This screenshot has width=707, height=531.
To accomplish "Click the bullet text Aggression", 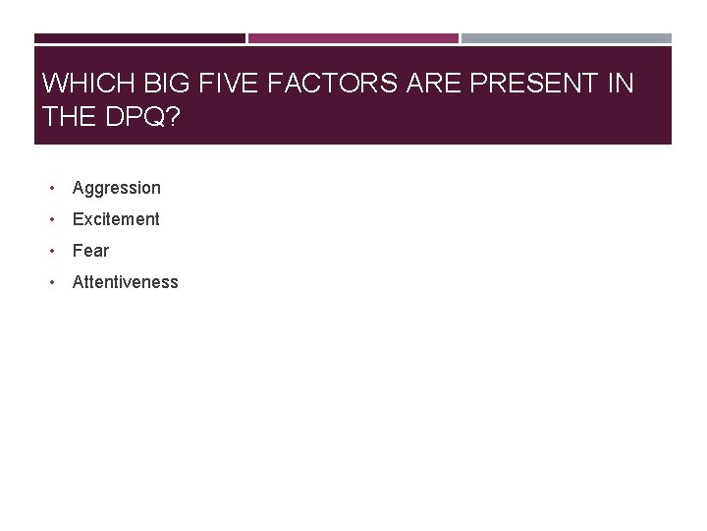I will tap(116, 188).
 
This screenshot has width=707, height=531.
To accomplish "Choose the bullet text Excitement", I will tap(116, 219).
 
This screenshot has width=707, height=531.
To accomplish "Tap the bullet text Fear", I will tap(90, 251).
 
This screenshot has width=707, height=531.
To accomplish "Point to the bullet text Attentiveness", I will tap(126, 282).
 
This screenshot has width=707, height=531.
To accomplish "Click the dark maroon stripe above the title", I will tap(139, 38).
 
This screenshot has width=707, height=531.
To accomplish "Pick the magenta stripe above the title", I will tap(353, 38).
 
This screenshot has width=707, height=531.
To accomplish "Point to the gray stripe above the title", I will tap(567, 38).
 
